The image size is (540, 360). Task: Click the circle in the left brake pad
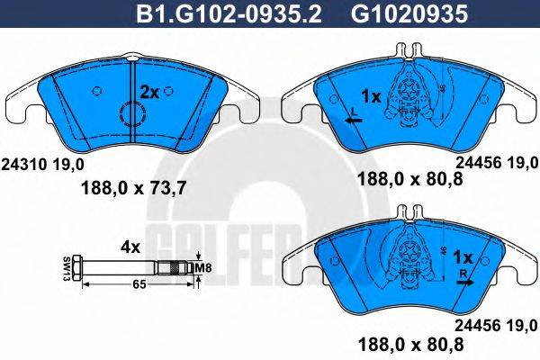(132, 114)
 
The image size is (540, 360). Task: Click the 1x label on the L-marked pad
(371, 94)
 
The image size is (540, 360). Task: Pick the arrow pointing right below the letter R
(463, 281)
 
